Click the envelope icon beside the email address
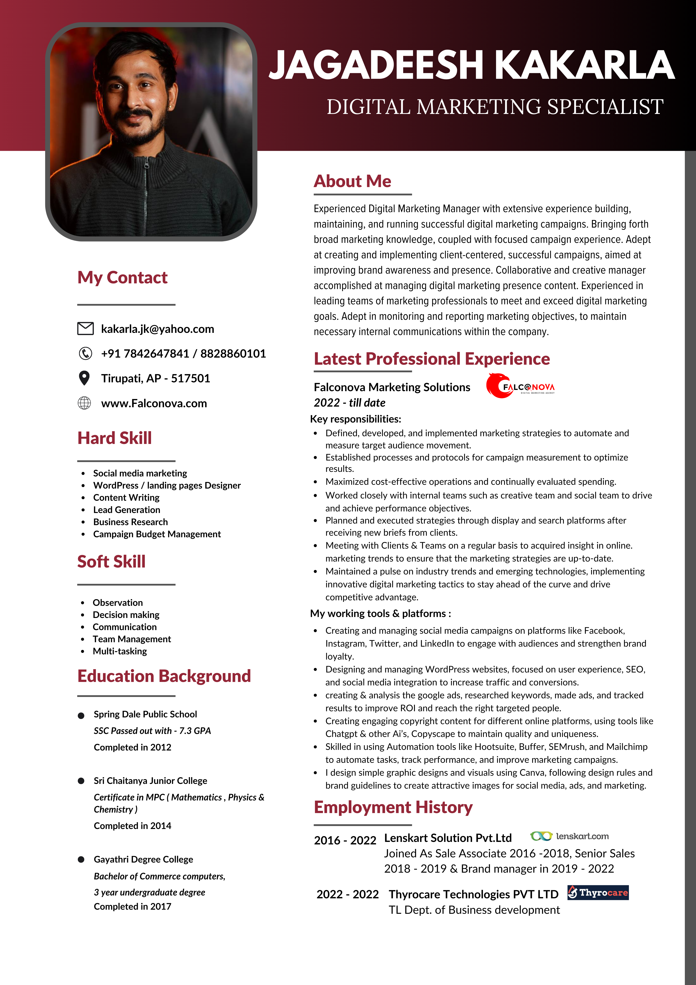pos(85,329)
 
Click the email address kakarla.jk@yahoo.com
pos(157,329)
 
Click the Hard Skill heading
pos(115,438)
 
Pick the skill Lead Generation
pos(126,510)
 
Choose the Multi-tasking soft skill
pos(120,651)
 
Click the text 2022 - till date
pos(349,403)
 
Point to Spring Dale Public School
pos(145,714)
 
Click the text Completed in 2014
pos(132,826)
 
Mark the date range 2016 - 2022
pos(345,840)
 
